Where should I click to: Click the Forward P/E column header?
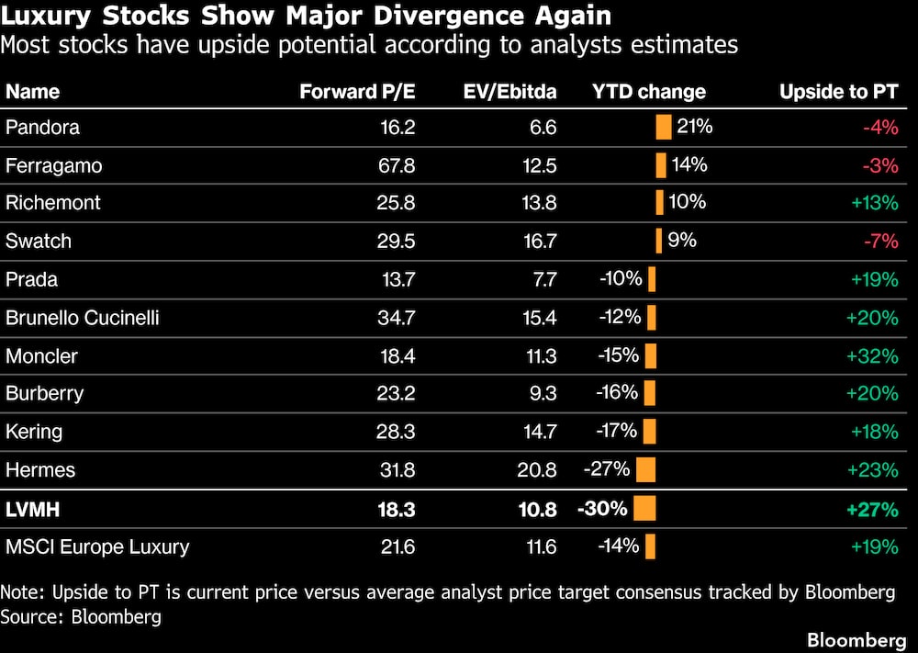click(x=357, y=91)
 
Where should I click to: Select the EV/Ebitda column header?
click(x=509, y=91)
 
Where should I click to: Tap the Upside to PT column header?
click(x=839, y=91)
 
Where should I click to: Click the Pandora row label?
click(x=42, y=127)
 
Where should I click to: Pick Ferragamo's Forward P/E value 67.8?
click(x=397, y=165)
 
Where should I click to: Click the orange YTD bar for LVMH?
click(x=644, y=508)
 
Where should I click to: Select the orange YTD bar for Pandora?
click(x=664, y=127)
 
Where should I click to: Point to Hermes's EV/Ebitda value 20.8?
click(x=537, y=469)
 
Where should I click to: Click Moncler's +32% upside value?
click(x=872, y=356)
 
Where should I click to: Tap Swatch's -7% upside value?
click(x=881, y=241)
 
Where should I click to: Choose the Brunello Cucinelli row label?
click(x=82, y=318)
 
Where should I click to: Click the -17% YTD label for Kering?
click(x=617, y=431)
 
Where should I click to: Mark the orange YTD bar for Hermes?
click(x=645, y=469)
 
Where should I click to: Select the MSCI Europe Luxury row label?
click(x=97, y=547)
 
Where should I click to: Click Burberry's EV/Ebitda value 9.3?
click(x=543, y=393)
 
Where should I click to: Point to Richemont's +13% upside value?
click(x=875, y=203)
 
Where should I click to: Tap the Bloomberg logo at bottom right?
click(x=856, y=639)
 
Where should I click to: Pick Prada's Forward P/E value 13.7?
click(x=398, y=279)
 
